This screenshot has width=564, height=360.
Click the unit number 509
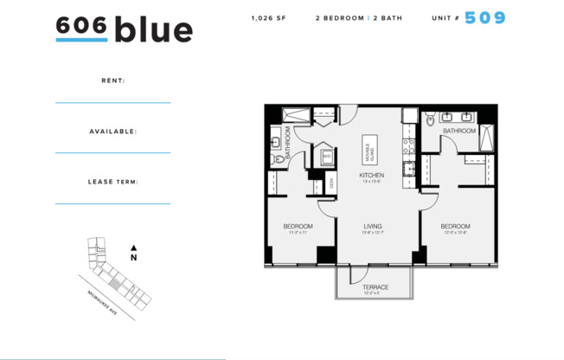(x=485, y=17)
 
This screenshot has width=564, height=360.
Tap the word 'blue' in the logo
(x=153, y=29)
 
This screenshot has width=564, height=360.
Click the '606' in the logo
(x=81, y=26)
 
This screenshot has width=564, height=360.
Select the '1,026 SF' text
(x=268, y=18)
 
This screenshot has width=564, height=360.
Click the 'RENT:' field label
(x=112, y=80)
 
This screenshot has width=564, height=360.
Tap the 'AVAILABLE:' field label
(x=112, y=132)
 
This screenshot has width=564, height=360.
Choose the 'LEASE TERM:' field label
(x=112, y=182)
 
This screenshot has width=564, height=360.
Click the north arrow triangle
(x=133, y=247)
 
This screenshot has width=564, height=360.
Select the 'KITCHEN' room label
(x=372, y=176)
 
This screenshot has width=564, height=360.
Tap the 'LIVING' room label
(x=372, y=226)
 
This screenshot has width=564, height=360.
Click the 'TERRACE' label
(x=375, y=286)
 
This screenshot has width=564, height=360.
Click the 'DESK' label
(x=331, y=183)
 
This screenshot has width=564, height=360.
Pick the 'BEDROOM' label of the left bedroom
(x=298, y=226)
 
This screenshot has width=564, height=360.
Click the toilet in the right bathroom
(x=430, y=122)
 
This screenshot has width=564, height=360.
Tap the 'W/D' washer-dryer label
(x=328, y=157)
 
